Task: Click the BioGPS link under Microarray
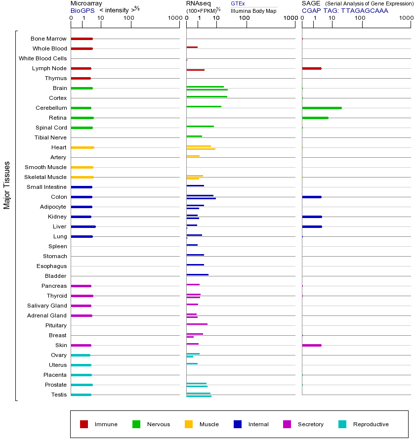point(83,10)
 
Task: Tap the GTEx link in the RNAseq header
point(238,3)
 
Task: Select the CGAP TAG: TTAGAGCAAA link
point(345,10)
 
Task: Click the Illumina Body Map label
point(253,10)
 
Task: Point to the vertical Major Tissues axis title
point(7,185)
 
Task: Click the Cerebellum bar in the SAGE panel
point(322,108)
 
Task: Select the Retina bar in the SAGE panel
point(315,118)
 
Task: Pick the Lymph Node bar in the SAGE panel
point(312,68)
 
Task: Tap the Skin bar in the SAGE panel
point(312,345)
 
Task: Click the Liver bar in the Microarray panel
point(83,226)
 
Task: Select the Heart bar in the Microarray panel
point(83,147)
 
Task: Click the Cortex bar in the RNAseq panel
point(207,96)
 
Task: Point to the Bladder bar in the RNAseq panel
point(197,274)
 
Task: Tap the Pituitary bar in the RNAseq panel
point(197,324)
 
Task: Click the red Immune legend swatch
point(84,424)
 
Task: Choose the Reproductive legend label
point(371,424)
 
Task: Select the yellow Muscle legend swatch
point(189,424)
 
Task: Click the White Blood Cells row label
point(42,58)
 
